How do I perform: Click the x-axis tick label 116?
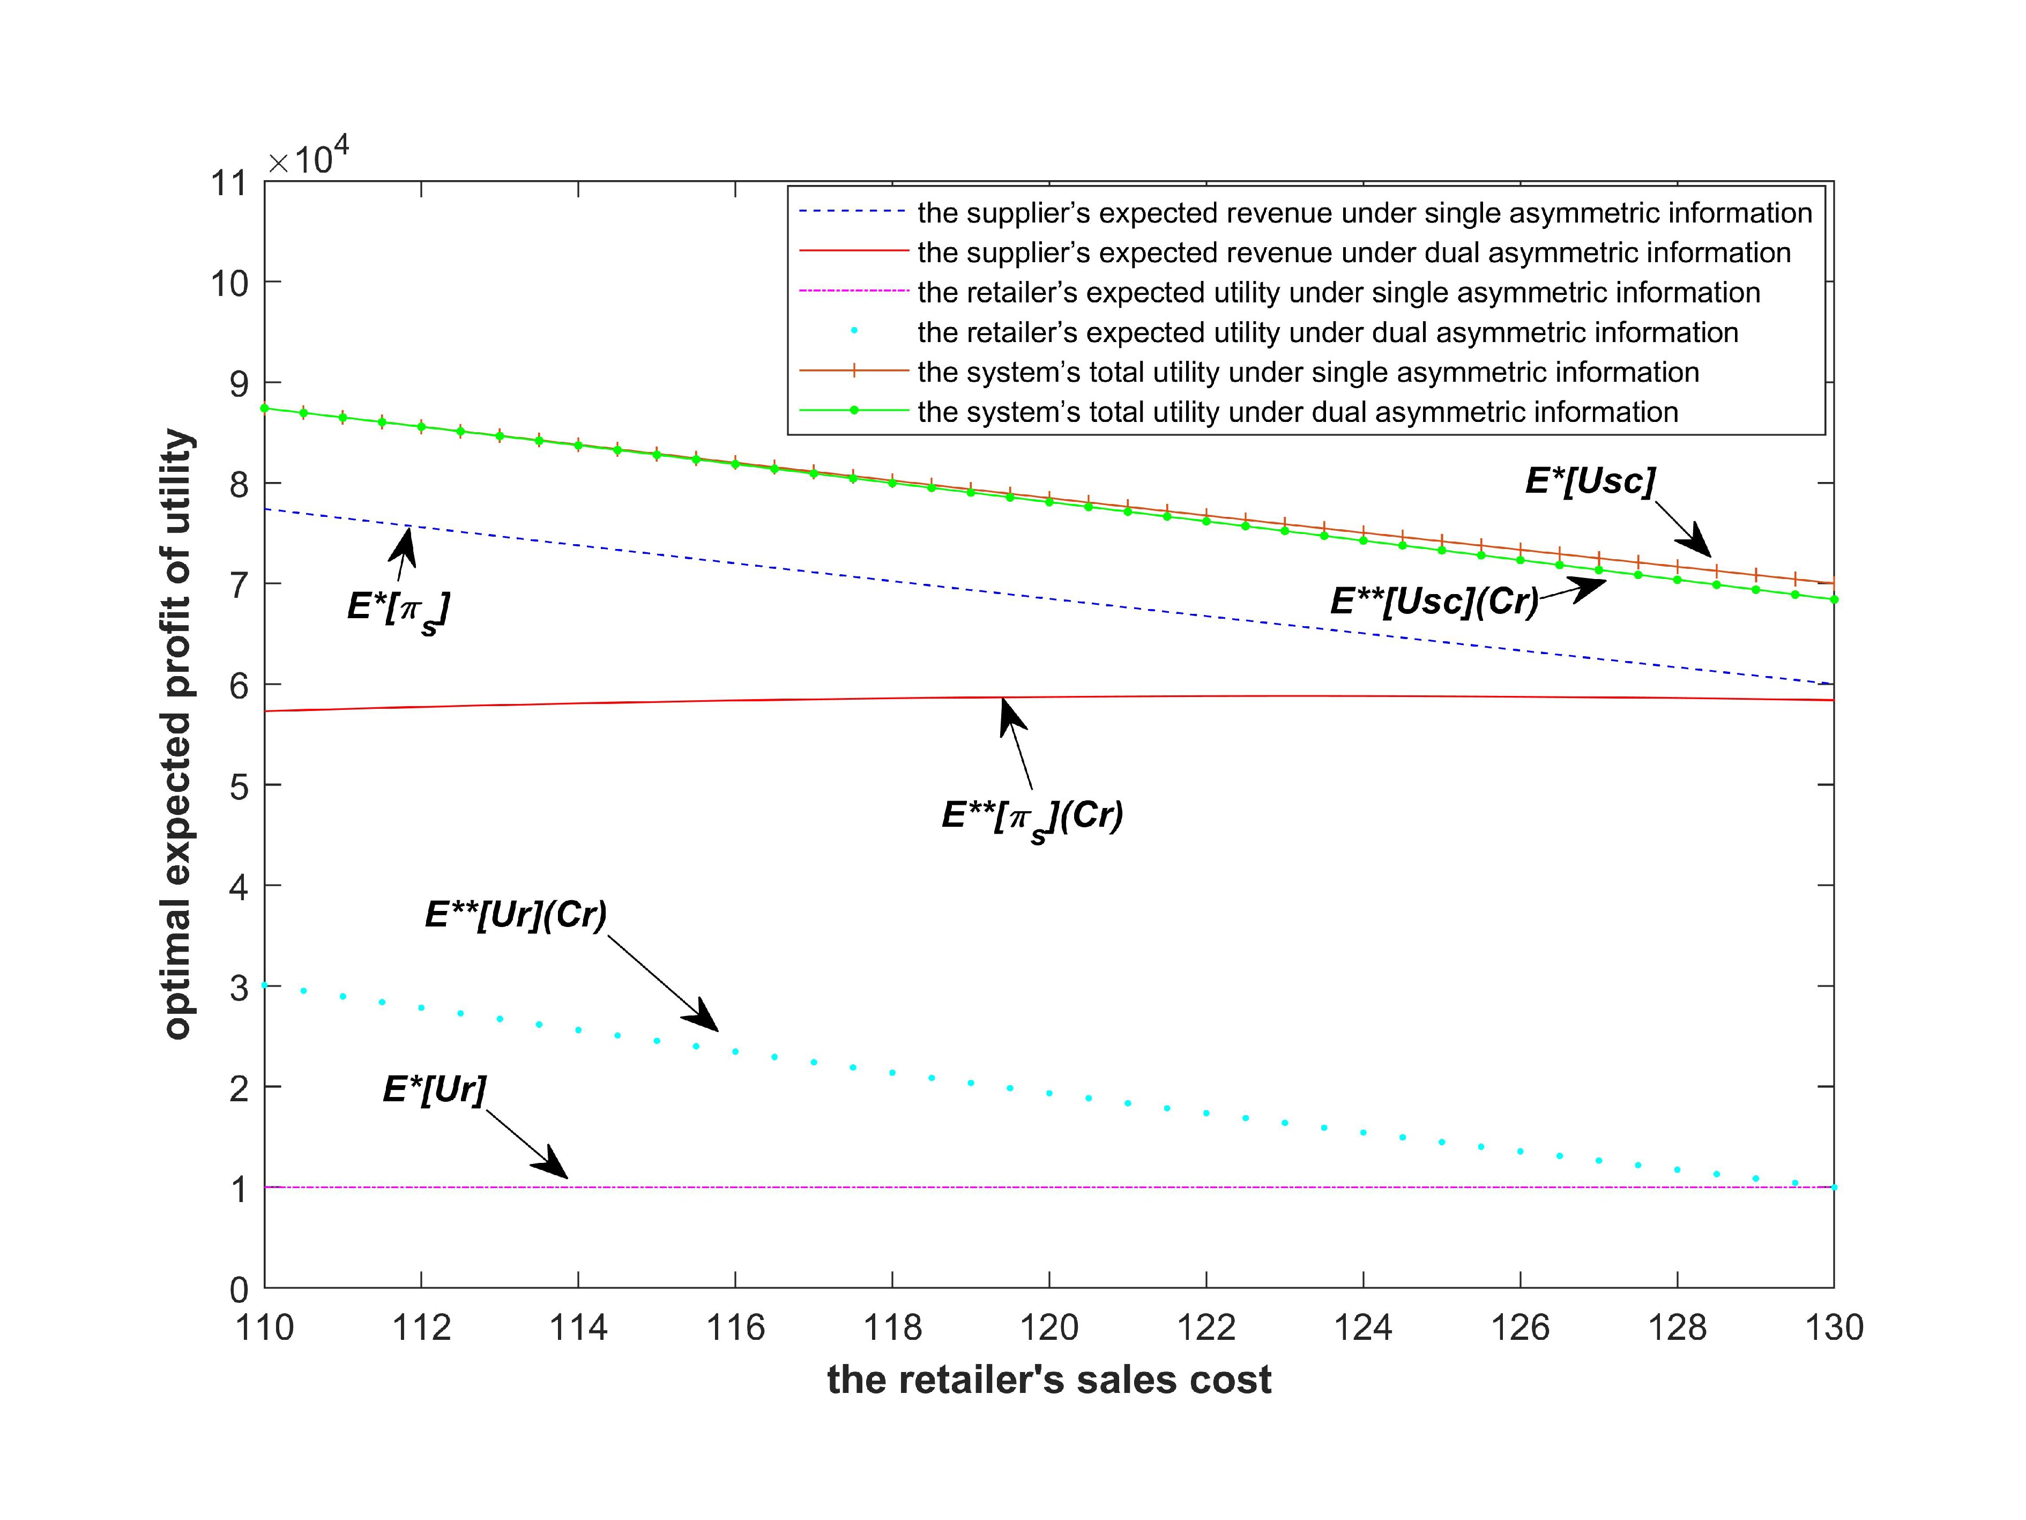pos(735,1328)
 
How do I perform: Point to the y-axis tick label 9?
pos(238,384)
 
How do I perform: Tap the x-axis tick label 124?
pos(1363,1328)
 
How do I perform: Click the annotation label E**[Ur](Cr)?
pos(516,914)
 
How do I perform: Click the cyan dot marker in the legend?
pos(854,332)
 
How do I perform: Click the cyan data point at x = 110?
pos(265,985)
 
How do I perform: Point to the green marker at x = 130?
pos(1834,599)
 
